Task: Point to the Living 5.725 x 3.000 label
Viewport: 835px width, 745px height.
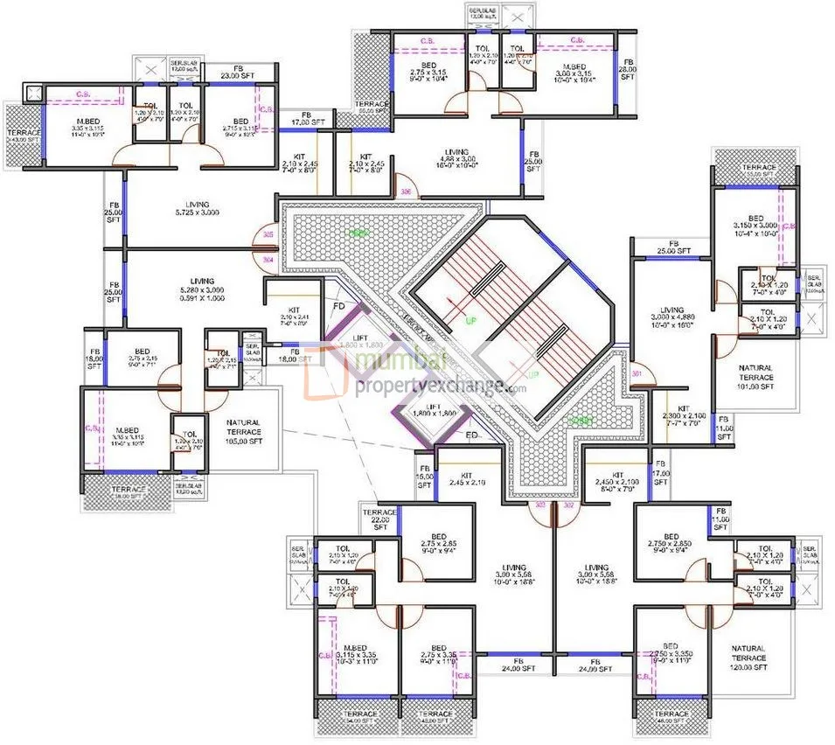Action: point(197,208)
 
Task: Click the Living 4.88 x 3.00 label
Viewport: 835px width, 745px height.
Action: point(456,157)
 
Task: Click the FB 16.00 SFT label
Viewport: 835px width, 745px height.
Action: point(424,477)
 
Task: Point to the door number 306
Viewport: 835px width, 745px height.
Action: point(405,191)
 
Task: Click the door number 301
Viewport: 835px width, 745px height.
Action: point(637,375)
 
